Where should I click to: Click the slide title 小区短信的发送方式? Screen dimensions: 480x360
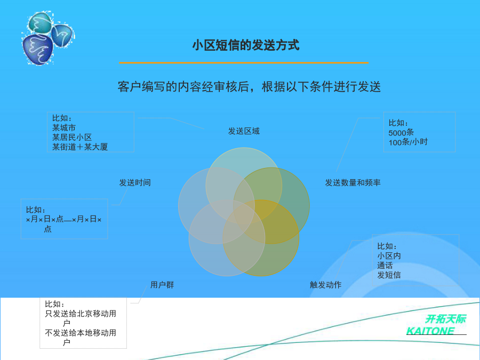tap(246, 45)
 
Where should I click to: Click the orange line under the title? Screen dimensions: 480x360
tap(244, 63)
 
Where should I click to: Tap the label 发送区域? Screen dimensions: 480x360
tap(244, 131)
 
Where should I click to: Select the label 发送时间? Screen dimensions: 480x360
tap(135, 183)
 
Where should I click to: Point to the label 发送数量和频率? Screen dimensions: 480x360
tap(353, 183)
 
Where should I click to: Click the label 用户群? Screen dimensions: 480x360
tap(162, 285)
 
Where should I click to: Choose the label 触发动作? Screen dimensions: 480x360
tap(325, 285)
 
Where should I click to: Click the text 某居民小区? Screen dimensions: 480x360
tap(72, 137)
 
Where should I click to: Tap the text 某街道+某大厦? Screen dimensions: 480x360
tap(80, 147)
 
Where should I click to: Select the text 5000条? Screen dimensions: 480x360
tap(401, 133)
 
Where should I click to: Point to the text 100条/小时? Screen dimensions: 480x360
tap(408, 142)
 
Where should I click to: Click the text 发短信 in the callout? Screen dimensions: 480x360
tap(389, 275)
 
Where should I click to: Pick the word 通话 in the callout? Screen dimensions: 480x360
tap(385, 265)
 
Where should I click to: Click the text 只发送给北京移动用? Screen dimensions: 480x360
tap(81, 314)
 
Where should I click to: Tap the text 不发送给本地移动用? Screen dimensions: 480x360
tap(81, 333)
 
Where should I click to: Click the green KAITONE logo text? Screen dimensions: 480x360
tap(430, 331)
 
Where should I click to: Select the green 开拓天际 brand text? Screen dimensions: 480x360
tap(445, 319)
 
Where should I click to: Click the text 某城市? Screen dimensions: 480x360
tap(64, 127)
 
